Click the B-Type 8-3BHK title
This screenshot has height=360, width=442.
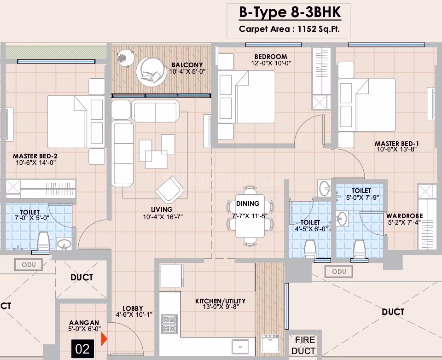[290, 13]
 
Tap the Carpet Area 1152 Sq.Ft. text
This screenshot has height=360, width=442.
[289, 29]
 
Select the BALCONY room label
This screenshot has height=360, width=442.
[187, 65]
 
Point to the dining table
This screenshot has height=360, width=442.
[250, 215]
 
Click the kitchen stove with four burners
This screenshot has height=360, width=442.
[169, 324]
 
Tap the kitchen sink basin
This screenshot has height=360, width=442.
[240, 347]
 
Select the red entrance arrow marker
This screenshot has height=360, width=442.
[104, 339]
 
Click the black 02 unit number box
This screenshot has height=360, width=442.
[82, 349]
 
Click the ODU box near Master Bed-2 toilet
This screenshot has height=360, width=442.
[29, 265]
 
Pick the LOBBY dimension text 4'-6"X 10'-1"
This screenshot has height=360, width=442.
[134, 314]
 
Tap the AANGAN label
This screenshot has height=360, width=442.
[84, 323]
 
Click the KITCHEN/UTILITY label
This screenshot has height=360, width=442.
[221, 301]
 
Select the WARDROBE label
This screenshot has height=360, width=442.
[405, 216]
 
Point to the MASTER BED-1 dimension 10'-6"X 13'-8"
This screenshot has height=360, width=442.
[396, 150]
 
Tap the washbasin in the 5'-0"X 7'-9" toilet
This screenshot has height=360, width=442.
[342, 219]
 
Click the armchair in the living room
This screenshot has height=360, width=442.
[169, 190]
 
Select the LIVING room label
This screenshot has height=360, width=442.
[162, 209]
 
